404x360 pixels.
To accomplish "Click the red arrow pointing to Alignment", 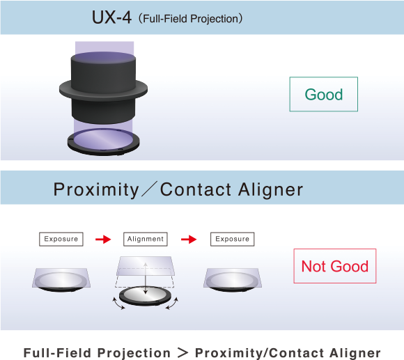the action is click(x=103, y=240).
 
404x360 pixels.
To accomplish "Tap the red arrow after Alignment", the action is click(x=189, y=240).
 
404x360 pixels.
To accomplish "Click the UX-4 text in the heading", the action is click(x=111, y=17).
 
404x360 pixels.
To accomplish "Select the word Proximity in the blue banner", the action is click(x=96, y=190).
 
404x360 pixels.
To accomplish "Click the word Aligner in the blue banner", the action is click(x=270, y=190).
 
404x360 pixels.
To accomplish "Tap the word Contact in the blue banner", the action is click(x=196, y=190).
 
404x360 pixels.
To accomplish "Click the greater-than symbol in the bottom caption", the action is click(x=182, y=352).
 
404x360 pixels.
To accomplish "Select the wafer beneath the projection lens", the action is click(x=103, y=141).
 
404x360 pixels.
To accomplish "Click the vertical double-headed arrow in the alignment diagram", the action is click(x=146, y=279).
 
